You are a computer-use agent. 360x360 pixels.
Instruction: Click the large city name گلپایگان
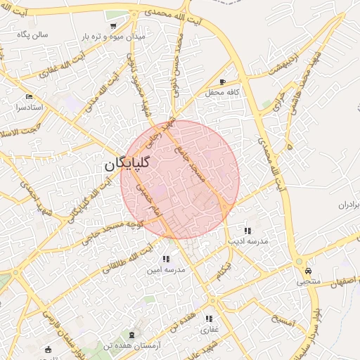[x=129, y=165]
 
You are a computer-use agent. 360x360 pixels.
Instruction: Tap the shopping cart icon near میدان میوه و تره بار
[x=113, y=26]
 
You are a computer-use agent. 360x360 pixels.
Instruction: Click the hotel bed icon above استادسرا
[x=29, y=96]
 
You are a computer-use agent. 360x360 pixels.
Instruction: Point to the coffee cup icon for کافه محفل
[x=223, y=82]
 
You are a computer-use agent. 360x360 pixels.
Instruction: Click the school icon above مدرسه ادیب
[x=247, y=231]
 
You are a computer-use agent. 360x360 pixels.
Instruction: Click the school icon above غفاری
[x=210, y=319]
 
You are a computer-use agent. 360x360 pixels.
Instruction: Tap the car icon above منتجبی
[x=309, y=271]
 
